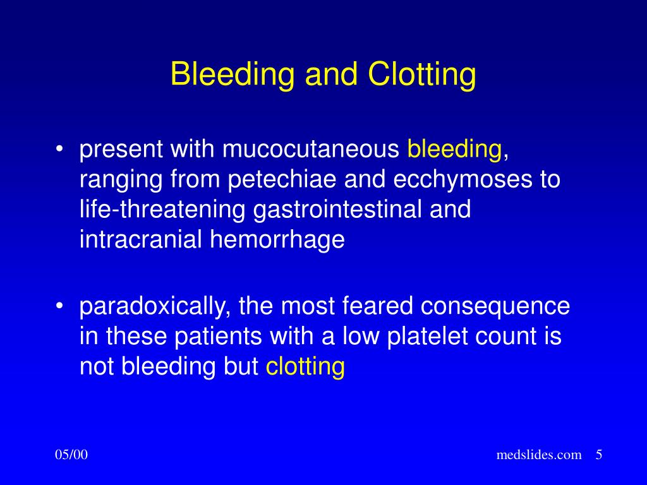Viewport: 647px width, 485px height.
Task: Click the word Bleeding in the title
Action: (x=232, y=75)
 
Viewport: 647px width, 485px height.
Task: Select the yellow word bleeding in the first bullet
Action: (x=454, y=150)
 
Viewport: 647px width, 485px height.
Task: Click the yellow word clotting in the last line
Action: (x=305, y=367)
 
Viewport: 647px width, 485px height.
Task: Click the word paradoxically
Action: (x=149, y=306)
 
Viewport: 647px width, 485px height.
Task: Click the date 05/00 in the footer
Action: (x=71, y=455)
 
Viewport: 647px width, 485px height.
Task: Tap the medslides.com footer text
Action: (x=539, y=455)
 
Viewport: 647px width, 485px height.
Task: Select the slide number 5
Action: (x=599, y=455)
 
